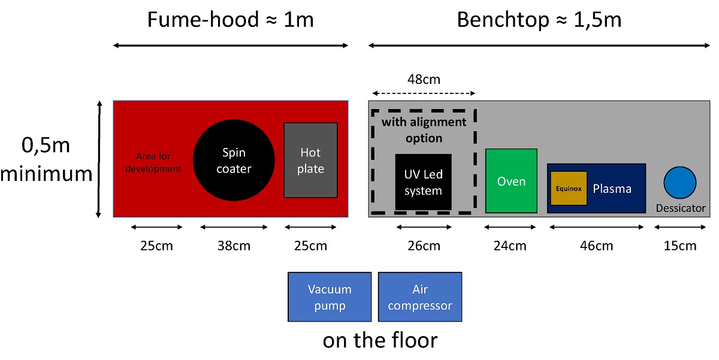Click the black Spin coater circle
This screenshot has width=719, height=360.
coord(234,161)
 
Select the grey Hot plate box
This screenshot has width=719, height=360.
coord(310,161)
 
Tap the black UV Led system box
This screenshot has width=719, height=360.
coord(423,182)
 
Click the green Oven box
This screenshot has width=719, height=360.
coord(511,181)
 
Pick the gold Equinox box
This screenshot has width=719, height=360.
coord(568,189)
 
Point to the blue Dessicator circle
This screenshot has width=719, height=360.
coord(680,182)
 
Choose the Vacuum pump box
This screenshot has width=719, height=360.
coord(330,297)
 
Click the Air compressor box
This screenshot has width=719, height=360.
coord(420,297)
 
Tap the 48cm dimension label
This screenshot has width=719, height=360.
coord(424,80)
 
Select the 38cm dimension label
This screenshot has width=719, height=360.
coord(234,246)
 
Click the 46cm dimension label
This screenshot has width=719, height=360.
coord(597,246)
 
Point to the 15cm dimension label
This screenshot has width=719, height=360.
coord(680,246)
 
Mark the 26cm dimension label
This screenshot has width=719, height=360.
coord(423,246)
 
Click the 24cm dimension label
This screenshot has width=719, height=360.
coord(510,246)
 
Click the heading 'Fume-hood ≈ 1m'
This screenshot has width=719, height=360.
coord(231,20)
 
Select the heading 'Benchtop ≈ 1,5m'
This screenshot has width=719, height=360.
coord(539,20)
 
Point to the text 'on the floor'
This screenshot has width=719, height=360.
coord(380,340)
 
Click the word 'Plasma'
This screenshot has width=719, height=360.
coord(612,189)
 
